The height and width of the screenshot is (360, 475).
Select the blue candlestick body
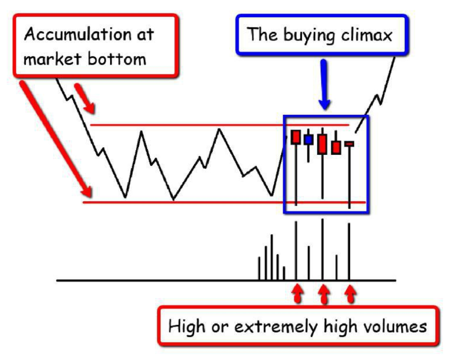click(x=308, y=139)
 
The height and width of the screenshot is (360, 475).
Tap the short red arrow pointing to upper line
click(x=85, y=98)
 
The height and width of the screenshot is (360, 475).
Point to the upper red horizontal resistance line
click(x=220, y=125)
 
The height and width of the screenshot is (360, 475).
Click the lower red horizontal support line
click(x=224, y=202)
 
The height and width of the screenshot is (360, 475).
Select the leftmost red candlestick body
click(x=295, y=137)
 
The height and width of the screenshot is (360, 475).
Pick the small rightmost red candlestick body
click(x=349, y=143)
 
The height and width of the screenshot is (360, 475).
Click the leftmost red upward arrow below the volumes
click(x=297, y=293)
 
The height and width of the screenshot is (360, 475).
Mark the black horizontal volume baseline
click(x=226, y=280)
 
